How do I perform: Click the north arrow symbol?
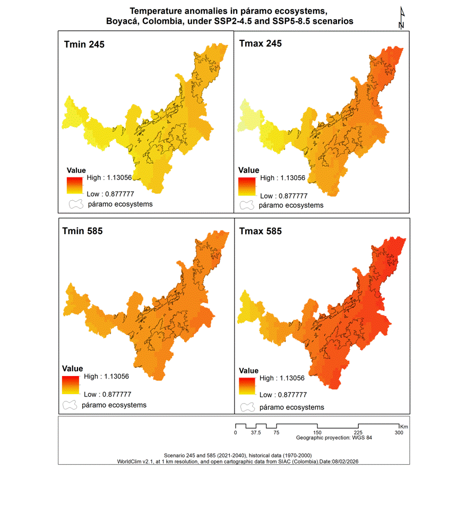tap(402, 18)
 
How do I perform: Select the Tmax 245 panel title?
tap(261, 43)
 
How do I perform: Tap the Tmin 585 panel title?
tap(82, 231)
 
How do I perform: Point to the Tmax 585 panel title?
tap(261, 231)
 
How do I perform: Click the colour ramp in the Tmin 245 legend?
tap(74, 185)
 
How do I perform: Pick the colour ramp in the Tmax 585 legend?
tap(247, 386)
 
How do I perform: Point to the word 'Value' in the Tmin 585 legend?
tap(72, 369)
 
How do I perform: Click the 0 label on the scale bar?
tap(235, 433)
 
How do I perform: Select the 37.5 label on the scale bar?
tap(256, 433)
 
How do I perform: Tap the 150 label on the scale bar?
tap(317, 433)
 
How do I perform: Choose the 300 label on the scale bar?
tap(399, 433)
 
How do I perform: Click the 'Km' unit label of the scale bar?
tap(404, 426)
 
